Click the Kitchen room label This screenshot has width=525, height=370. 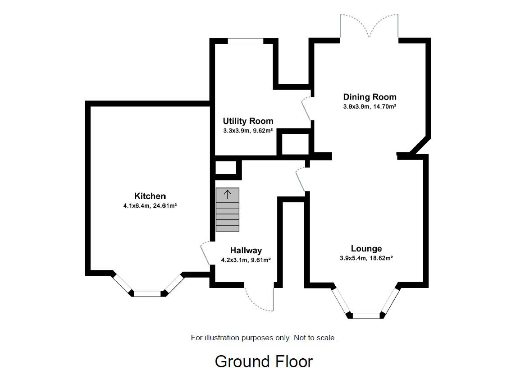click(x=150, y=196)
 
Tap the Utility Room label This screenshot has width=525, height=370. click(x=248, y=121)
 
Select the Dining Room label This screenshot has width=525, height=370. click(x=370, y=97)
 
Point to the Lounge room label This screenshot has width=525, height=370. click(x=366, y=248)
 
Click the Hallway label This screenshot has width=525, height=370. click(x=246, y=251)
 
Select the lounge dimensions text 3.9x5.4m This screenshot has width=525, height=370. click(x=354, y=258)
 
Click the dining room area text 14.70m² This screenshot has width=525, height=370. click(x=383, y=107)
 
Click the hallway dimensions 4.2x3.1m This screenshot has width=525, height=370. click(x=234, y=260)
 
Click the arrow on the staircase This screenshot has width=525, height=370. click(x=228, y=195)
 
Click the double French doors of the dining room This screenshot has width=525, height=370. click(x=369, y=26)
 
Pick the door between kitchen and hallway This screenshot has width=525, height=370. click(x=205, y=253)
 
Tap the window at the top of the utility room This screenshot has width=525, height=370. click(x=245, y=41)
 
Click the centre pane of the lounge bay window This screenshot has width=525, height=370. click(x=366, y=315)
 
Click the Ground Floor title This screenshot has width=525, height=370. click(x=264, y=361)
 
